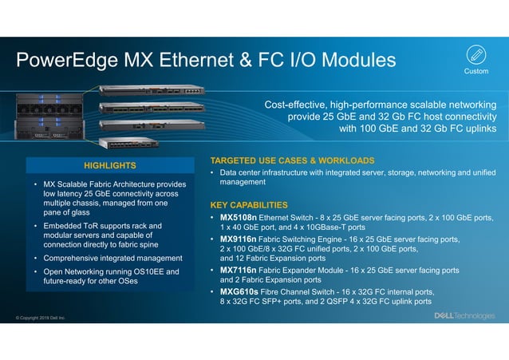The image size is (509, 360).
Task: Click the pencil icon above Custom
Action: click(475, 55)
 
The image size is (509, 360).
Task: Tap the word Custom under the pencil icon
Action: click(475, 72)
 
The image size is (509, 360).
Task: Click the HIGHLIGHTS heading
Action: click(110, 165)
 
